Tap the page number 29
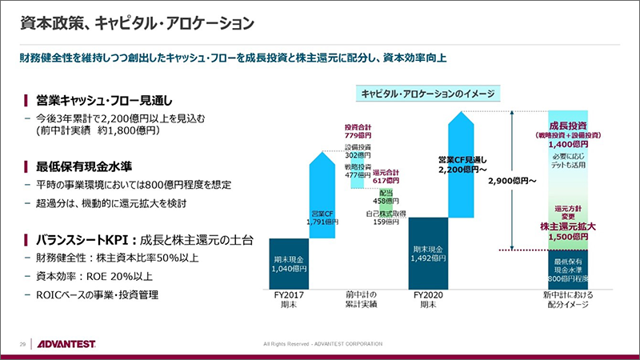point(23,344)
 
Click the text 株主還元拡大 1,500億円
point(569,231)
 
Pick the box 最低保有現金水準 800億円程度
point(569,270)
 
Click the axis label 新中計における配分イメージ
point(569,299)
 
